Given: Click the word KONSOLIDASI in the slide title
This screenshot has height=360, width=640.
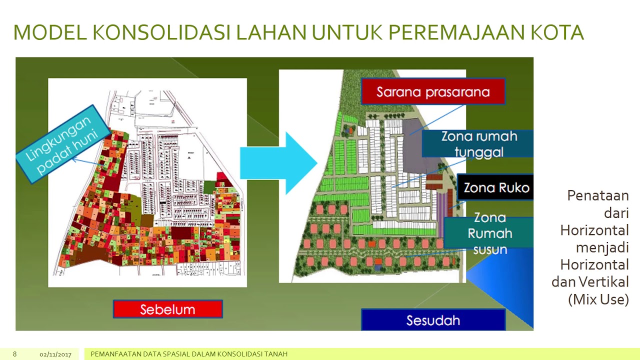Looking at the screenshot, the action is (x=161, y=32).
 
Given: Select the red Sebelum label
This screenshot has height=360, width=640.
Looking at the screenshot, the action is (x=167, y=309).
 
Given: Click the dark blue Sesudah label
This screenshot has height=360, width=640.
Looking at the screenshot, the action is (x=433, y=320).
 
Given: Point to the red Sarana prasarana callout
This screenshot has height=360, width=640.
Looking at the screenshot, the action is (x=433, y=92).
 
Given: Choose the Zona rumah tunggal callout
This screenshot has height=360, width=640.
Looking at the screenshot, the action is (x=478, y=144).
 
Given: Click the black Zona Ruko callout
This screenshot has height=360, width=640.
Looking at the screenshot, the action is (x=496, y=188).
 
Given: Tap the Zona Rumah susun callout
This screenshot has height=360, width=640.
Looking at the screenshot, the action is (x=490, y=233).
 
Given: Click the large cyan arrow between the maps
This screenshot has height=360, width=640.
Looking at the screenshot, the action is (x=280, y=163).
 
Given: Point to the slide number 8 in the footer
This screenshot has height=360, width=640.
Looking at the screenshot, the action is (x=14, y=354).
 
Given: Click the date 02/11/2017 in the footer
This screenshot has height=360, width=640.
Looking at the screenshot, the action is (x=55, y=354).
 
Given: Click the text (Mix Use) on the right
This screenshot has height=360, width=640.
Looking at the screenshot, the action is (x=598, y=299).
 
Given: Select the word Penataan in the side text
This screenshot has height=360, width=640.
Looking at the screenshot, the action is (x=597, y=195).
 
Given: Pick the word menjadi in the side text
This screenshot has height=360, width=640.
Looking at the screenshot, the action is (x=602, y=247).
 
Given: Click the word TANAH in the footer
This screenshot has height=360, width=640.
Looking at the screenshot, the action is (x=276, y=354).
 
